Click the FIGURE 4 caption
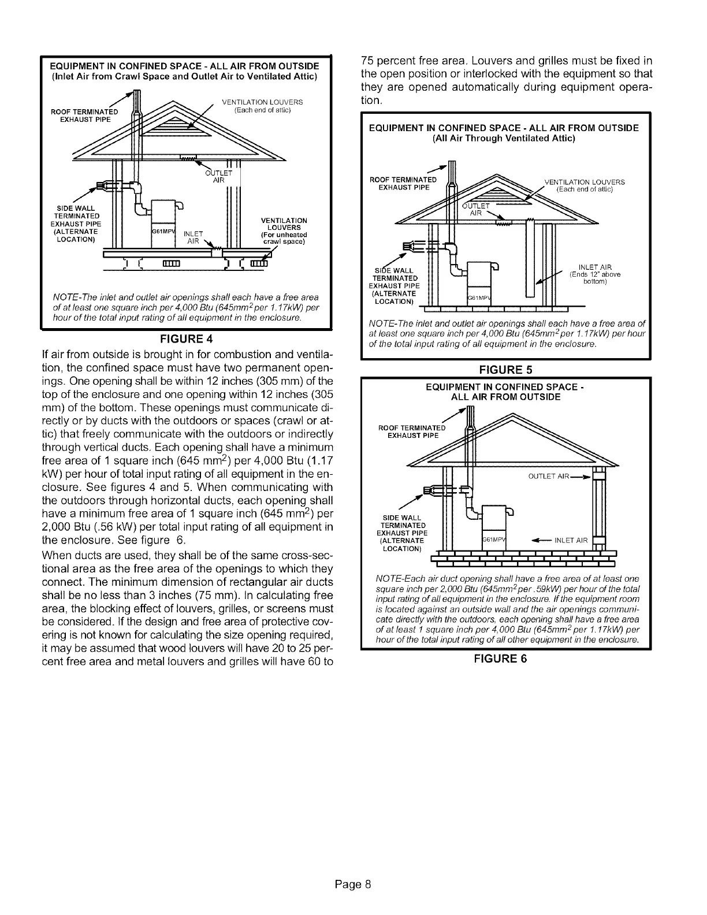[183, 338]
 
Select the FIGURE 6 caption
[505, 659]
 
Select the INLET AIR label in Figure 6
[570, 541]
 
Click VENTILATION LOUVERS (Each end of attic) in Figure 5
[584, 185]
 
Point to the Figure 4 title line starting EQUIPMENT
[184, 64]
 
